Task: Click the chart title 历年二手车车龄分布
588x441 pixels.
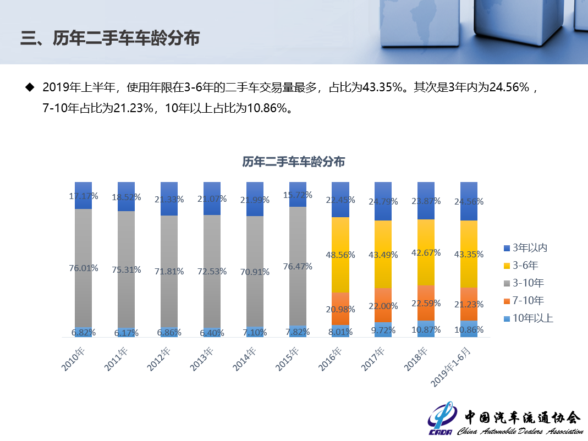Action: [294, 162]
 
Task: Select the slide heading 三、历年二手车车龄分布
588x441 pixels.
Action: [110, 38]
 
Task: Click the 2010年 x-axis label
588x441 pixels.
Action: [75, 359]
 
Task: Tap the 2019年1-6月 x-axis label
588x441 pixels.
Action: [453, 366]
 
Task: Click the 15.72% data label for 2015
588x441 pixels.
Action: [298, 195]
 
